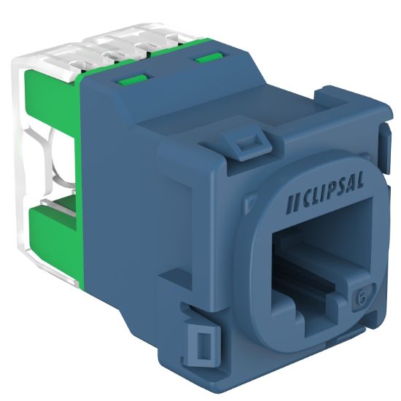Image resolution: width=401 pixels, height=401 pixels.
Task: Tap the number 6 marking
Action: point(359,298)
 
